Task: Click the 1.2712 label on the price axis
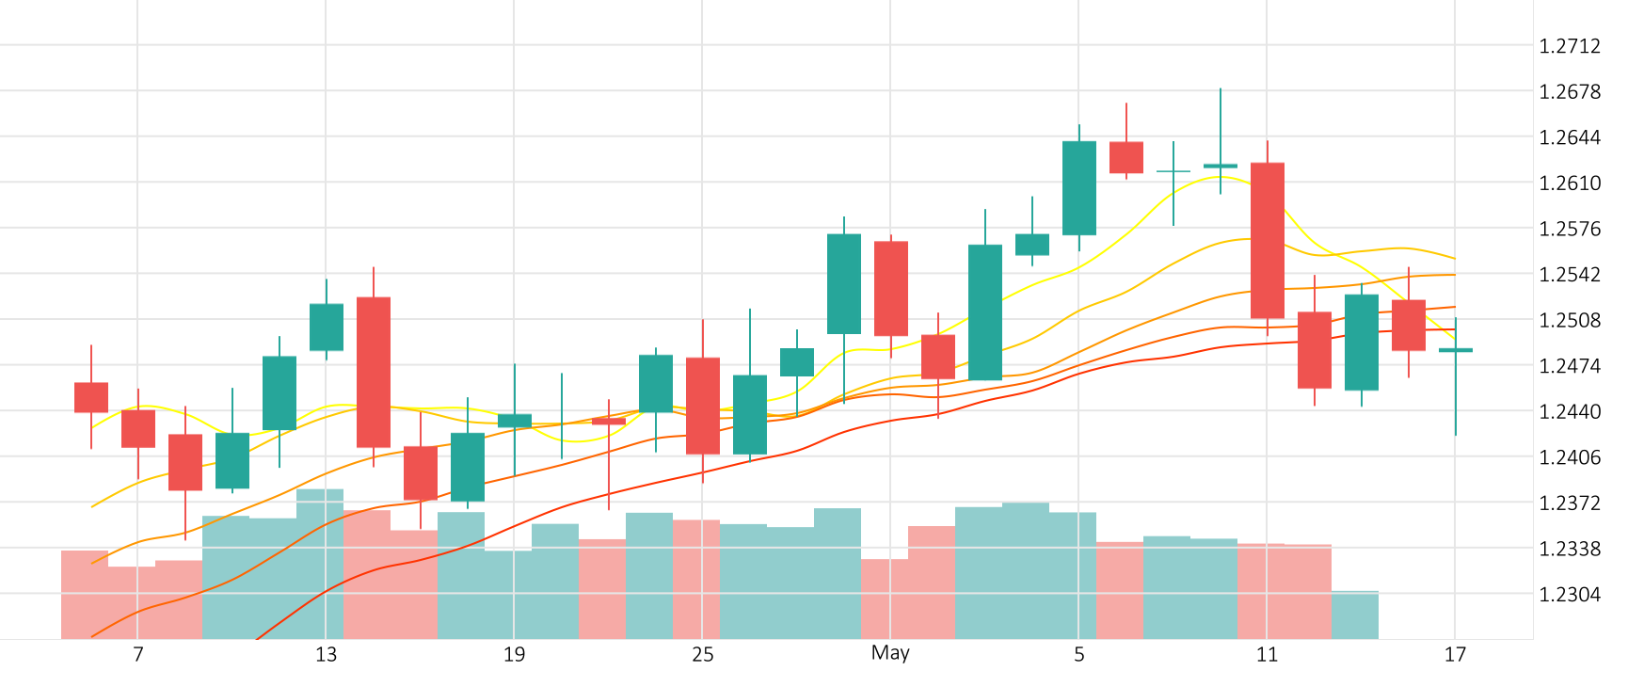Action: coord(1569,46)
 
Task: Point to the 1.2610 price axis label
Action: coord(1569,184)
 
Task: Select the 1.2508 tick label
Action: coord(1569,321)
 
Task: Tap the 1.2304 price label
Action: coord(1569,595)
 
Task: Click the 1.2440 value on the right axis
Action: coord(1569,412)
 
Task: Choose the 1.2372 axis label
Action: coord(1569,503)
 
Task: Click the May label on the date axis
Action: coord(890,653)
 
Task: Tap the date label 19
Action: coord(514,655)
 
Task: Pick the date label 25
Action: coord(702,655)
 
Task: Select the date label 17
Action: coord(1455,655)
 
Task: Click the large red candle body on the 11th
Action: coord(1268,240)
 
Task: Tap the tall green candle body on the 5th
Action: coord(1079,188)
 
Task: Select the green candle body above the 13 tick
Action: coord(327,327)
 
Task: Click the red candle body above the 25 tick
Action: coord(703,406)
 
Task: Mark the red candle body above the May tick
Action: coord(891,288)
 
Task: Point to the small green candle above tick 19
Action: coord(515,421)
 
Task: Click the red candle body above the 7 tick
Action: coord(138,428)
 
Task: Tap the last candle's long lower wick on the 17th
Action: coord(1456,395)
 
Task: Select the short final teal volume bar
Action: coord(1355,615)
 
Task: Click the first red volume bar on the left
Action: coord(85,594)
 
